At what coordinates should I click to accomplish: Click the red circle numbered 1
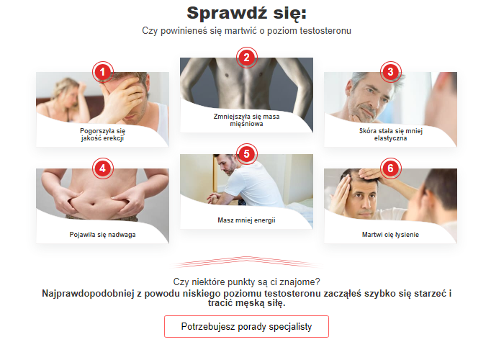[102, 72]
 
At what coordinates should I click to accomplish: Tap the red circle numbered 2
[246, 58]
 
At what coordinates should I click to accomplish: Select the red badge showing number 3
[390, 72]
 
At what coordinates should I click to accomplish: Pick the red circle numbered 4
[102, 168]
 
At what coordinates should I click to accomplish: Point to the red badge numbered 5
[246, 154]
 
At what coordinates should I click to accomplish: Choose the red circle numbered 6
[390, 168]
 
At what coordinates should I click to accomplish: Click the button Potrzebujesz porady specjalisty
[246, 326]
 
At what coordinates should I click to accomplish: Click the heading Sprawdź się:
[246, 14]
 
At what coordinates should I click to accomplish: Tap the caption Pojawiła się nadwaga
[102, 235]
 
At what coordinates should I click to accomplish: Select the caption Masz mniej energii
[246, 220]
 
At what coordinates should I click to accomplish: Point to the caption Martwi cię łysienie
[390, 235]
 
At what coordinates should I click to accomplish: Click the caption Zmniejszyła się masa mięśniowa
[246, 120]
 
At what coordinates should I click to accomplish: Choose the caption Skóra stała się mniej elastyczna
[390, 135]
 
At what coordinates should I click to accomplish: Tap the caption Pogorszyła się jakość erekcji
[102, 135]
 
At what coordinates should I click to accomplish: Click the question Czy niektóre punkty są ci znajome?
[246, 282]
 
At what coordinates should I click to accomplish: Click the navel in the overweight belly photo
[92, 204]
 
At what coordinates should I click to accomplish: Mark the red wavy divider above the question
[246, 262]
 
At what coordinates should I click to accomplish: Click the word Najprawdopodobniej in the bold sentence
[88, 294]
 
